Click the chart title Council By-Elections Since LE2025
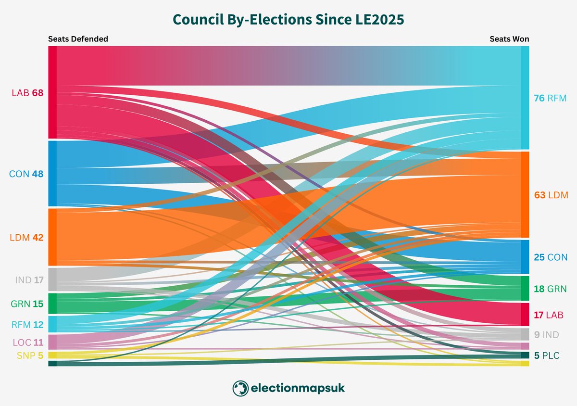(288, 20)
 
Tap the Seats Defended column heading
(78, 39)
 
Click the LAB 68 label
(27, 93)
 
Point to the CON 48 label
(27, 174)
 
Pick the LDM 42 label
(27, 237)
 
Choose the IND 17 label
(29, 279)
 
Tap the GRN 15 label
(27, 304)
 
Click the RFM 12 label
(27, 325)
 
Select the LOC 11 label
(28, 343)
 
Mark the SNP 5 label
(30, 356)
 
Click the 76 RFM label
(550, 98)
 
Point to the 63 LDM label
(551, 195)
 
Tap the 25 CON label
(551, 257)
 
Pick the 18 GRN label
(550, 289)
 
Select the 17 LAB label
(549, 315)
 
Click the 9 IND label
(547, 335)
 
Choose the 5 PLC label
(547, 355)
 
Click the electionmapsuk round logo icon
(240, 388)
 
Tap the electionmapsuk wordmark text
(297, 388)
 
